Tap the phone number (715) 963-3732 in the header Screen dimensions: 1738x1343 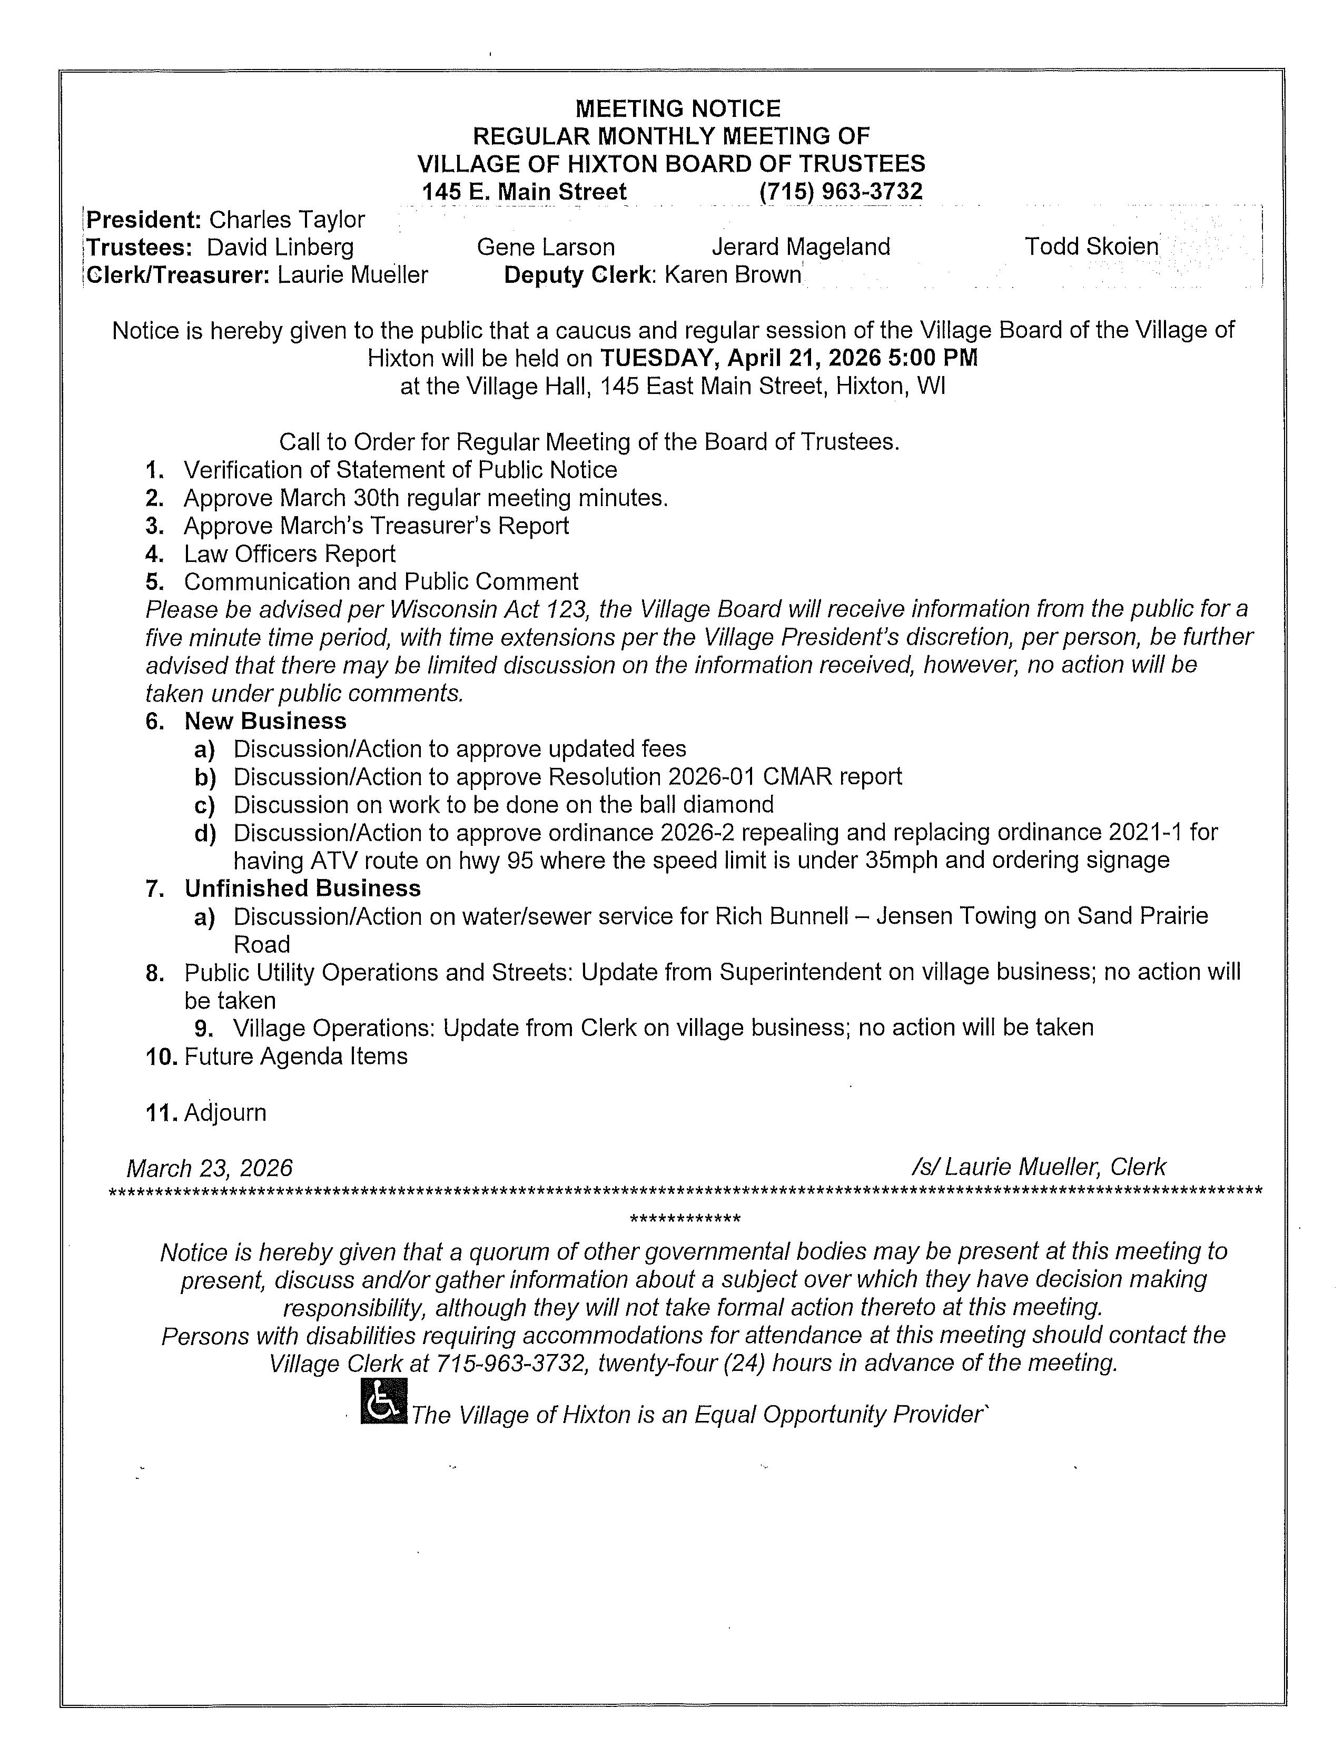(841, 192)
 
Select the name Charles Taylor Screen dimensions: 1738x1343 (287, 220)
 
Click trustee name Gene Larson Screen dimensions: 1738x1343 (546, 248)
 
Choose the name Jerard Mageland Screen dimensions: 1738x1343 (801, 248)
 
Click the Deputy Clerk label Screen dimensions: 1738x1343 (578, 275)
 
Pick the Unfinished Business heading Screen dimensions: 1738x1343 (302, 888)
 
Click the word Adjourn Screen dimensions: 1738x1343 (225, 1112)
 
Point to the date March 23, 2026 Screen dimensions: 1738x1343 (209, 1168)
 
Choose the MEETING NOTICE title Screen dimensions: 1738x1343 (678, 108)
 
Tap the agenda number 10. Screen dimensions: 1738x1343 (162, 1057)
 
